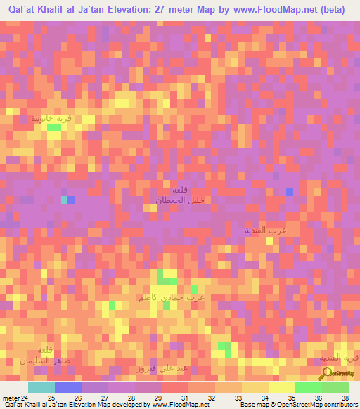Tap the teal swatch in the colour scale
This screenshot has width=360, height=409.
(41, 387)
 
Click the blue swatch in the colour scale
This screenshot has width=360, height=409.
(67, 387)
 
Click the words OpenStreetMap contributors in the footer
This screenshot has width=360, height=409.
(319, 405)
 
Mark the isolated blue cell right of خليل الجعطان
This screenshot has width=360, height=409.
(289, 192)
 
